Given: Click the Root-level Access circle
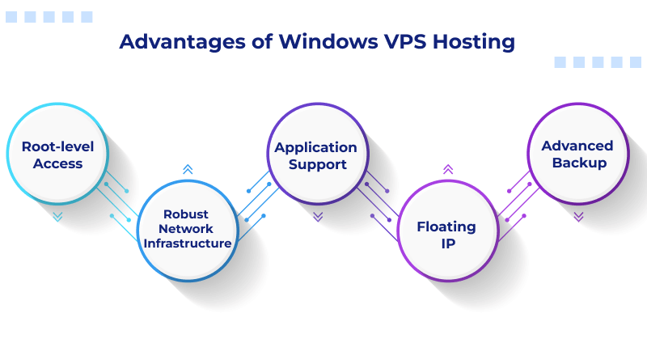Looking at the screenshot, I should pos(57,155).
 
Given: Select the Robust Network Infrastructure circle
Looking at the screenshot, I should pos(187,229).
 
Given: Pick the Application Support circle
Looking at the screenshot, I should pos(317,155).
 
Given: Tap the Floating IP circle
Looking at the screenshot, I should pos(447,234).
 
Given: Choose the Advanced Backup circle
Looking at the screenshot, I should pos(577,155).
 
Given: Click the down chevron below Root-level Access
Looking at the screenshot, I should pos(57,217).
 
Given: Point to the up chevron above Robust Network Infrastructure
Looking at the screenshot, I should pos(188,169).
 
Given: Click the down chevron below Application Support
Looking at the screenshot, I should pos(318,217).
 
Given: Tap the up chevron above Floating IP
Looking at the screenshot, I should pos(447,169).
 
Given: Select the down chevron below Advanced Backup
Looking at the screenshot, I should pos(578,217).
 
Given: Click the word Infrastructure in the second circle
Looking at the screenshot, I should pos(187,244).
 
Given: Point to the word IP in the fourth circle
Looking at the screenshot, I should pos(446,243).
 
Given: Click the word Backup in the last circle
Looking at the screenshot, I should pos(577,163).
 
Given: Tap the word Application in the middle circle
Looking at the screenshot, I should pos(315,147).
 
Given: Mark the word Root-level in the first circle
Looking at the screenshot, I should pos(57,146).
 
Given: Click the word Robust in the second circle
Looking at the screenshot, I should pos(186,214).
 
